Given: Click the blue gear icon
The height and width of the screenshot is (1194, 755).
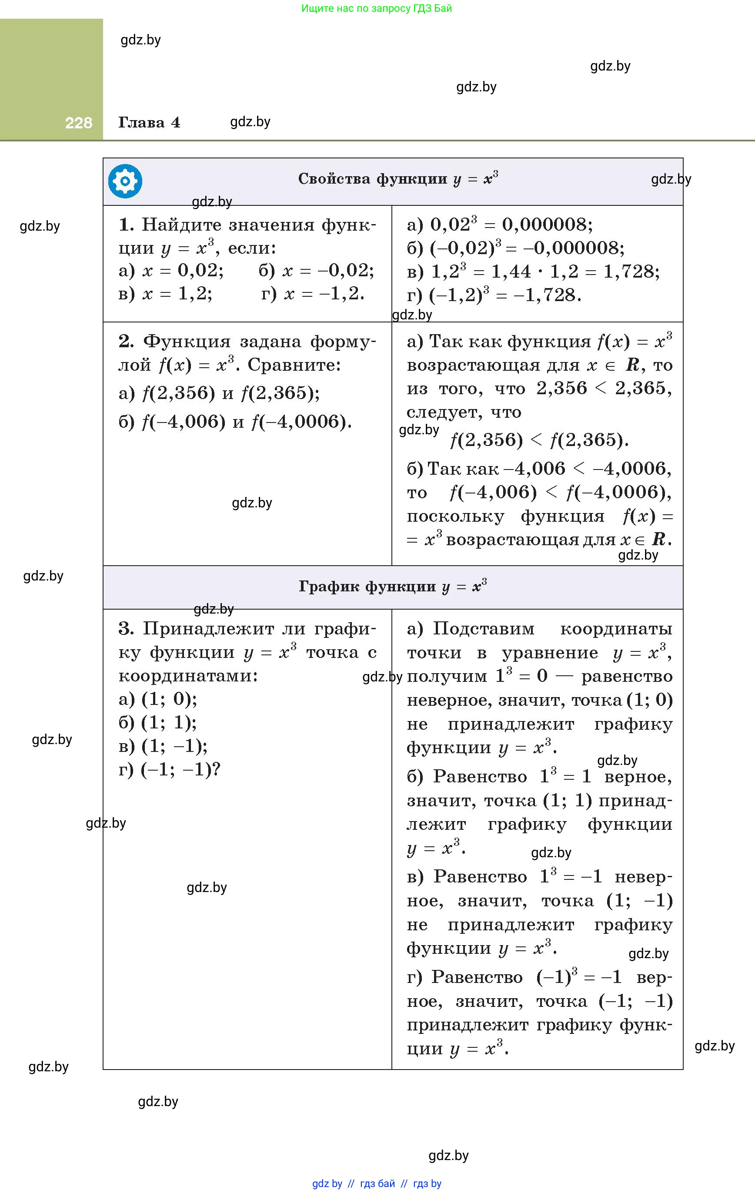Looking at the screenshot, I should point(125,181).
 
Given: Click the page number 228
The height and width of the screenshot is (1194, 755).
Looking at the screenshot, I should point(78,123).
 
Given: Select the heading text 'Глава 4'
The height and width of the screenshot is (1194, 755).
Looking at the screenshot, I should point(149,122).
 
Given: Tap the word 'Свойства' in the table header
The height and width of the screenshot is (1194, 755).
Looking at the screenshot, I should point(334,179).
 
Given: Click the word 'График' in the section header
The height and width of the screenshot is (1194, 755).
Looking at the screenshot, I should point(329,587).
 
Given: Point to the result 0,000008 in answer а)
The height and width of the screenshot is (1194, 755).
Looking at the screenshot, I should point(547,225).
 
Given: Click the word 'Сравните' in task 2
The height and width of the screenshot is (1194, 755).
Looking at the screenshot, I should point(294,366).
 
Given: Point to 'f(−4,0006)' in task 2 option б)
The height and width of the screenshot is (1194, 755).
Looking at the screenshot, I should point(301,422).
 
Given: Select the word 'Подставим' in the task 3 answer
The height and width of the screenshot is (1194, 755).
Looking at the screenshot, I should point(483,629).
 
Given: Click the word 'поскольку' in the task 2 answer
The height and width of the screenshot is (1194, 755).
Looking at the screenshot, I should point(455,517).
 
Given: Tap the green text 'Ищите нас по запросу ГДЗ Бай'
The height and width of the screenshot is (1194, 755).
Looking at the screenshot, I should point(377,8).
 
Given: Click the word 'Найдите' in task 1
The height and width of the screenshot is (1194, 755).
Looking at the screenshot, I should point(181,225).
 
